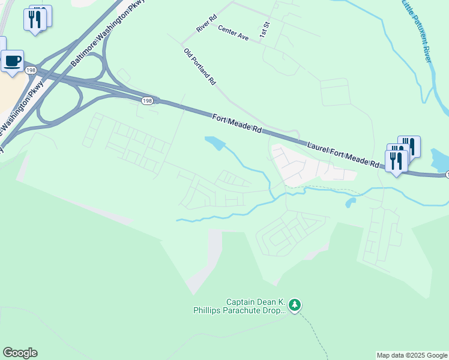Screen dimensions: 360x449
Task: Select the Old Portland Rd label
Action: tap(199, 66)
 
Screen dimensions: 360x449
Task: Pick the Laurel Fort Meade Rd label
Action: tap(344, 154)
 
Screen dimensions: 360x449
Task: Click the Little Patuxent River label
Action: tap(417, 30)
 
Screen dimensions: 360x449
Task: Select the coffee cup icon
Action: tap(13, 61)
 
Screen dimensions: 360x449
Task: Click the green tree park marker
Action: tap(294, 305)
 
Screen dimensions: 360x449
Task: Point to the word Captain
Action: tap(241, 302)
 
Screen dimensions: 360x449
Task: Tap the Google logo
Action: tap(20, 353)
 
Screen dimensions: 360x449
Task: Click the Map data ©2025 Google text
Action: tap(412, 355)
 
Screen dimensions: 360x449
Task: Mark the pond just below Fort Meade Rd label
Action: tap(214, 143)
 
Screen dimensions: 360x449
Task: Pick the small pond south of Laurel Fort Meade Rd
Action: tap(350, 203)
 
